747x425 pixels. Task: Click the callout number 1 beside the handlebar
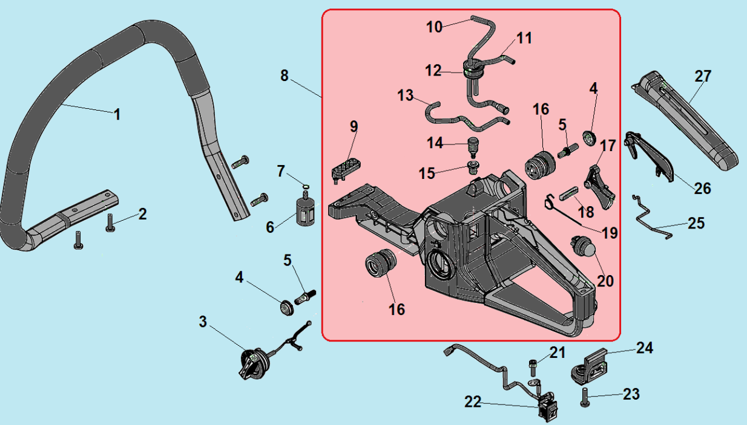pyautogui.click(x=117, y=114)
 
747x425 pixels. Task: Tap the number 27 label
pyautogui.click(x=703, y=76)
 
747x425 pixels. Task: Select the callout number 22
pyautogui.click(x=473, y=402)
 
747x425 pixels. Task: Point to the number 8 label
pyautogui.click(x=284, y=76)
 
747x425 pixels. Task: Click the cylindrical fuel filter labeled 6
pyautogui.click(x=306, y=211)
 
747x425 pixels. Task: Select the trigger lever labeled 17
pyautogui.click(x=601, y=187)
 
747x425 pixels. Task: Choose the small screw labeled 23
pyautogui.click(x=585, y=397)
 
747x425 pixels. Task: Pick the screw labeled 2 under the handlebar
pyautogui.click(x=110, y=223)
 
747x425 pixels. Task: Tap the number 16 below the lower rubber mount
pyautogui.click(x=397, y=310)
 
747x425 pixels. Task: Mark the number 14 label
pyautogui.click(x=435, y=143)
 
